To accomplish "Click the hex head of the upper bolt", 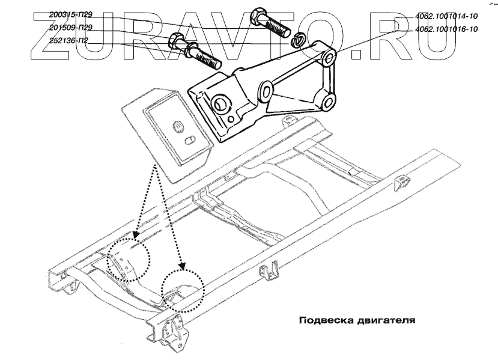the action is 259,13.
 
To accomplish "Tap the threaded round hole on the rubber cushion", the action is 178,127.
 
